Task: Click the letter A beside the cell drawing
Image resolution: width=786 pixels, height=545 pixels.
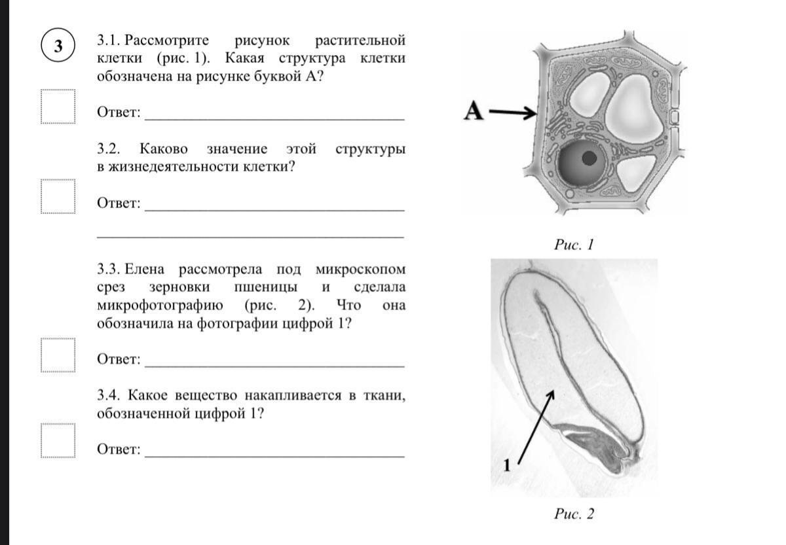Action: (x=473, y=112)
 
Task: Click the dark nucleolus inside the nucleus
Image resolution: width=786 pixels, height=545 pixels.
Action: (x=589, y=158)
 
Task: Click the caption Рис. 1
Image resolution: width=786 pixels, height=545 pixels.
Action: (x=573, y=245)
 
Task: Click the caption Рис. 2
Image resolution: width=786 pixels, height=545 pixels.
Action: (x=574, y=514)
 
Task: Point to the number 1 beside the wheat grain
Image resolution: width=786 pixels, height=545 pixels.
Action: (x=506, y=465)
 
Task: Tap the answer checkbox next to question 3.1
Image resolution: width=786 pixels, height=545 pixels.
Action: (x=58, y=106)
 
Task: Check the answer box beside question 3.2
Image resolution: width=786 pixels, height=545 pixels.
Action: (x=58, y=196)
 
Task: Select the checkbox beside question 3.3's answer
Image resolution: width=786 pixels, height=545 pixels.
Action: (x=58, y=354)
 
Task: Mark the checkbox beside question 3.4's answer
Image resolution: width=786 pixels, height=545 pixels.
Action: (x=58, y=441)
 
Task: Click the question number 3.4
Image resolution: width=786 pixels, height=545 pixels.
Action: (x=109, y=395)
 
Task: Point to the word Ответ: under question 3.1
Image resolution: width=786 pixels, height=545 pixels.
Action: (x=119, y=112)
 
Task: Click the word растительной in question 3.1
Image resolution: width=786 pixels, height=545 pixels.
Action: (x=360, y=40)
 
